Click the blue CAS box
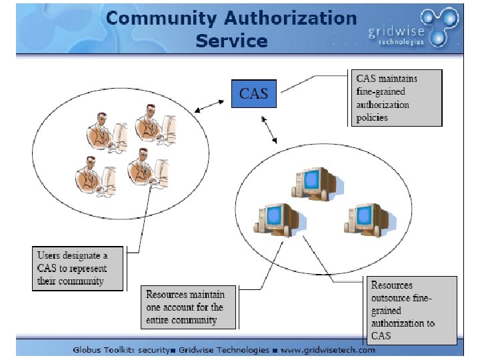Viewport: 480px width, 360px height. tap(253, 94)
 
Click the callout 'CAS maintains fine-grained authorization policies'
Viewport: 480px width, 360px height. tap(397, 98)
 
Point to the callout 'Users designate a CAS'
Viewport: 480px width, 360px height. tap(78, 269)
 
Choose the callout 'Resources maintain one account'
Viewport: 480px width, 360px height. tap(189, 307)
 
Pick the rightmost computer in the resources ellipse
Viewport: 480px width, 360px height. tap(361, 219)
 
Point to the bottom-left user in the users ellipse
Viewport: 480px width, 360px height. tap(93, 175)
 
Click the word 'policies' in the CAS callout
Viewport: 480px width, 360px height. tap(372, 117)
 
